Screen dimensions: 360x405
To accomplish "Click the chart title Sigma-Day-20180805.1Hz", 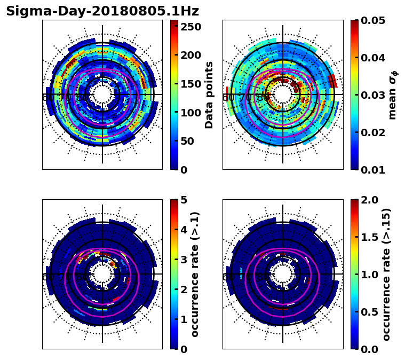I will click(102, 11).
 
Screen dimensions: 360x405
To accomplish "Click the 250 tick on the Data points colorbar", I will click(190, 27).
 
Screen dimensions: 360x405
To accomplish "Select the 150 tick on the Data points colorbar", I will click(190, 84).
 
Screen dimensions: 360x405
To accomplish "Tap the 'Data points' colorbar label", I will click(209, 95).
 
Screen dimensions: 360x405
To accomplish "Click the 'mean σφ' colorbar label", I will click(393, 95).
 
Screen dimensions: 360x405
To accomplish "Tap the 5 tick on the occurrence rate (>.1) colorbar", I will click(184, 200).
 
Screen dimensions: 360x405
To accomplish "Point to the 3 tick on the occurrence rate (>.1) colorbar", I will click(184, 260).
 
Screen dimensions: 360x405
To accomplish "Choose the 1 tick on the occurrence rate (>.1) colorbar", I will click(184, 319).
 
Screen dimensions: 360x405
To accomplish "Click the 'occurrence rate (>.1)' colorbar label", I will click(195, 275).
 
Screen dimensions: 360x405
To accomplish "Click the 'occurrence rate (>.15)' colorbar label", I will click(386, 275).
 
